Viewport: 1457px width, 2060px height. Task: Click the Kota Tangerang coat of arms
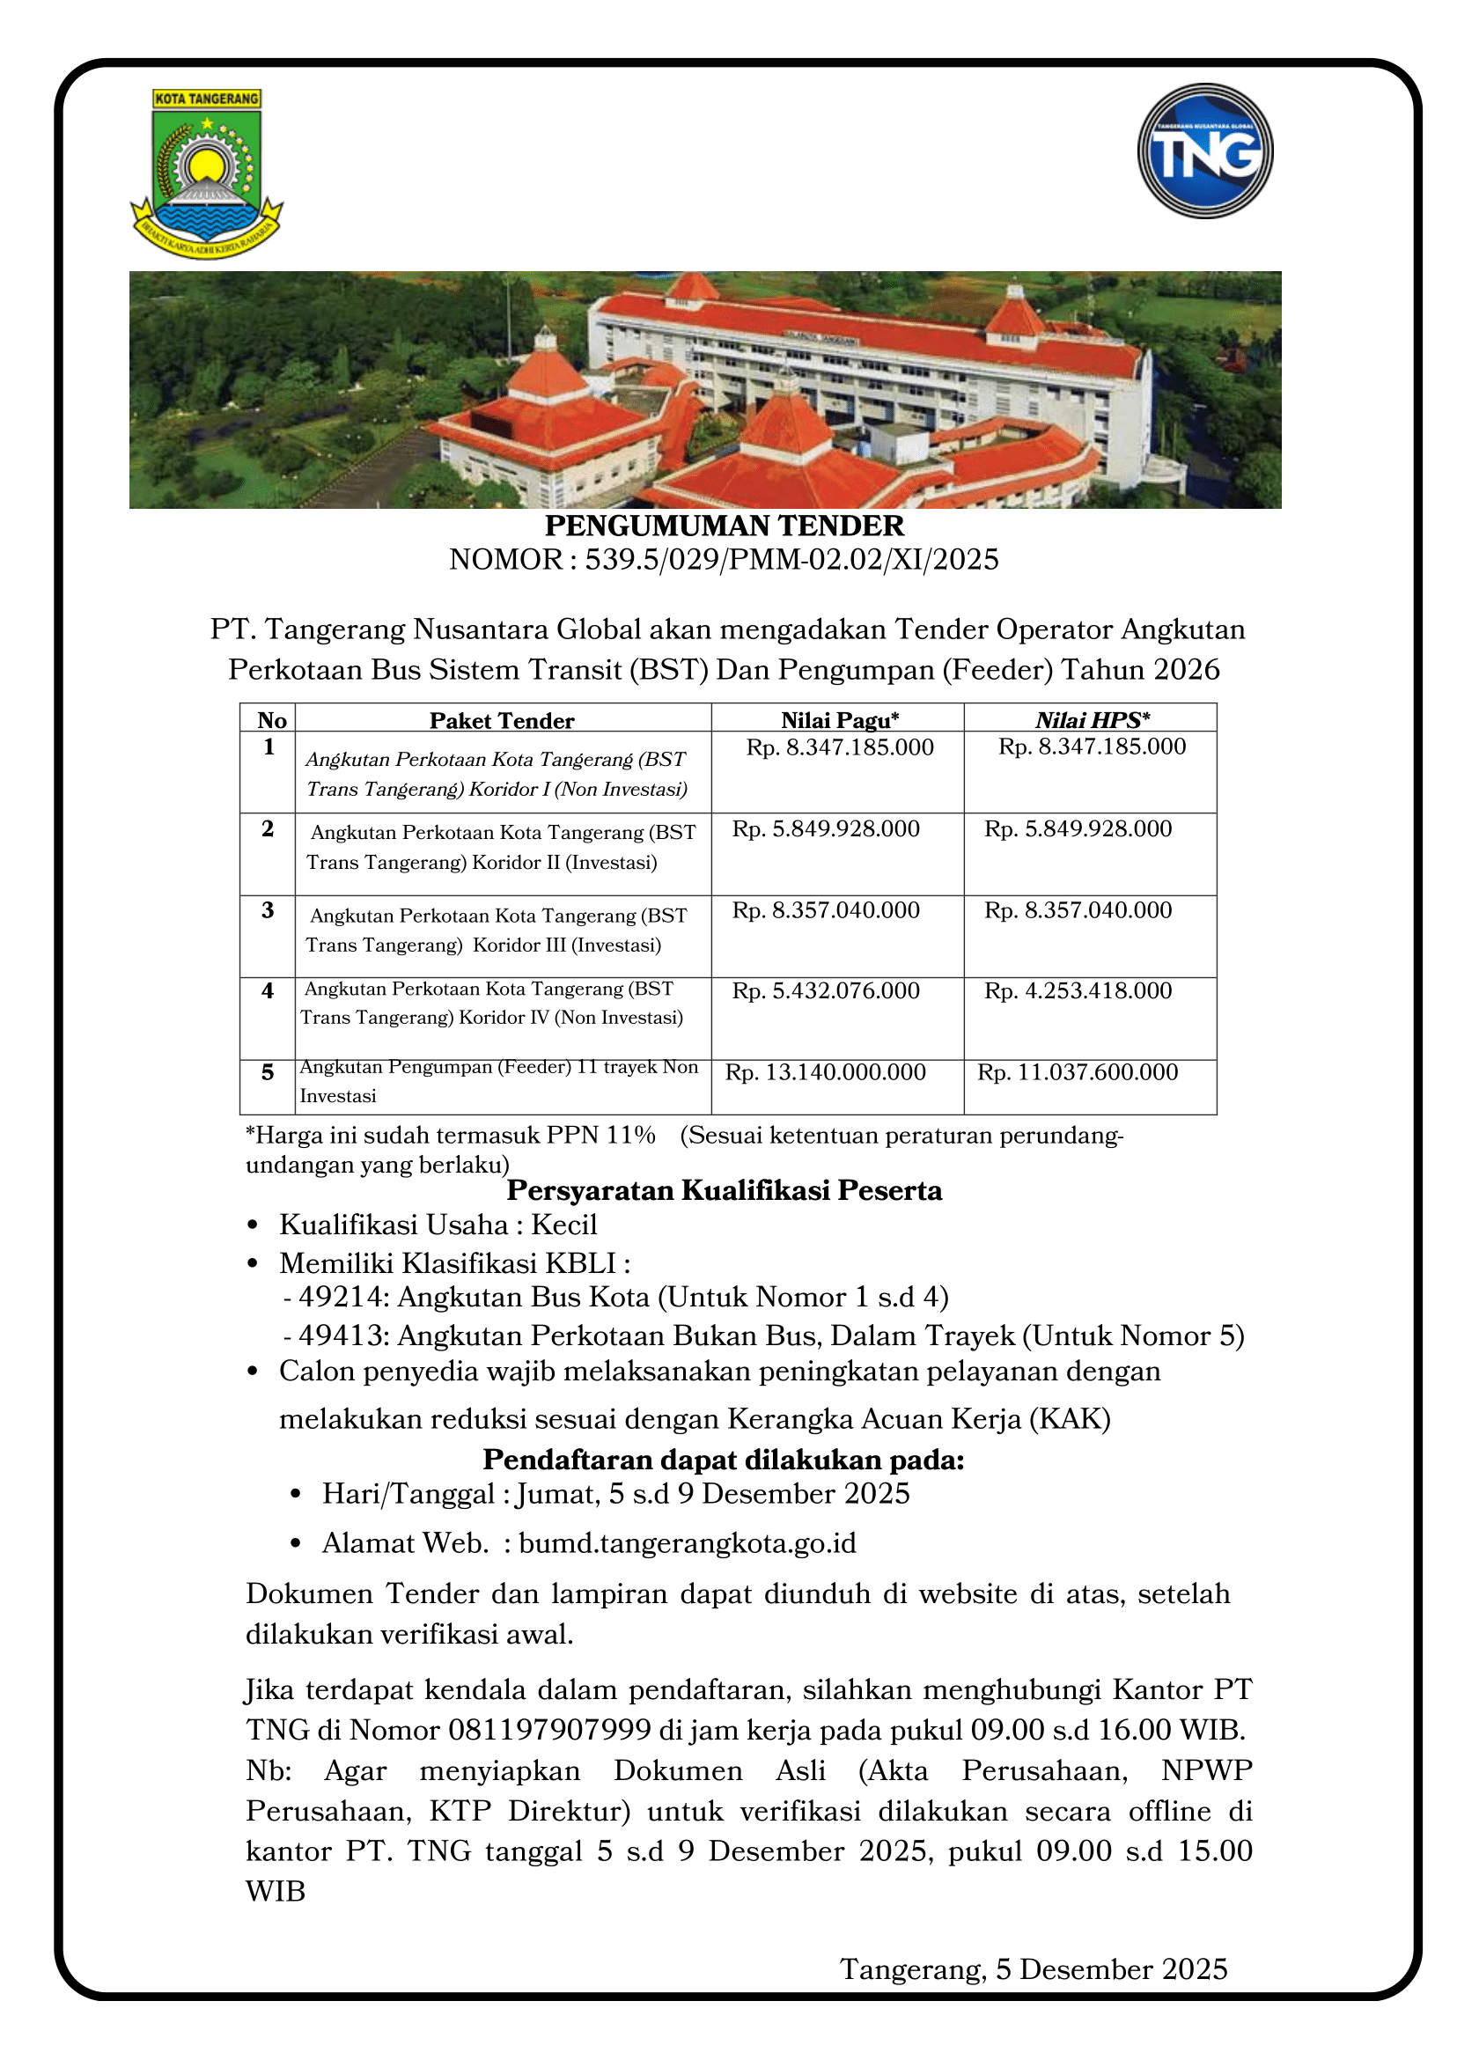pos(207,174)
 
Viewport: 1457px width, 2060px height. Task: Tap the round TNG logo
pos(1205,151)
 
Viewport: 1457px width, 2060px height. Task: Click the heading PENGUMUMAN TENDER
pos(724,526)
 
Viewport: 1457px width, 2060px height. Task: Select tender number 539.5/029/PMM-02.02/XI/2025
pos(791,560)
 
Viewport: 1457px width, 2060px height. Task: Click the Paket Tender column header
pos(502,720)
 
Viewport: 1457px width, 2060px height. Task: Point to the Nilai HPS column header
pos(1092,719)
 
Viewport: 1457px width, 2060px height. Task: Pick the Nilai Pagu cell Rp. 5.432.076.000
pos(826,990)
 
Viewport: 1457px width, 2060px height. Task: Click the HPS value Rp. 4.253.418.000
pos(1078,990)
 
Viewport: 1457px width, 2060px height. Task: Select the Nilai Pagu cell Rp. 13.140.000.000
pos(826,1072)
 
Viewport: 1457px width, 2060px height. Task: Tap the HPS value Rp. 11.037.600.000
pos(1078,1072)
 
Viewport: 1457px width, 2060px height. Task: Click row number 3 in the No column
pos(268,909)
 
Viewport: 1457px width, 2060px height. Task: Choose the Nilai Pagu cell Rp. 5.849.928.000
pos(826,828)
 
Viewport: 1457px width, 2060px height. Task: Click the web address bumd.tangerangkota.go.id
pos(688,1543)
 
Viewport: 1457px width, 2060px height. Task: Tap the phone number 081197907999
pos(549,1729)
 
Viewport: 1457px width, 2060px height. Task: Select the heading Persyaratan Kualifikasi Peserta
pos(724,1190)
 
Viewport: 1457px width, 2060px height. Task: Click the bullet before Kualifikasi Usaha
pos(253,1225)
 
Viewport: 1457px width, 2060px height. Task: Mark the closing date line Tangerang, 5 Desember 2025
pos(1034,1968)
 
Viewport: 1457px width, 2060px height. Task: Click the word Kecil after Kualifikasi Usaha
pos(563,1225)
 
